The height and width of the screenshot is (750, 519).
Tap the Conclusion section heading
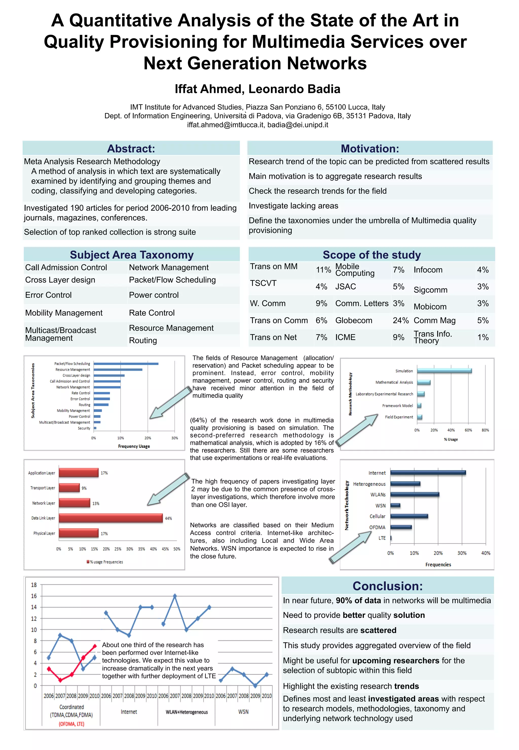[388, 586]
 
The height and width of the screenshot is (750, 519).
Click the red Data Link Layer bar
[110, 518]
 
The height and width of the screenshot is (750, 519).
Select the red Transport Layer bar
[69, 488]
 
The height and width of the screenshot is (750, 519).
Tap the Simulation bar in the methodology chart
[444, 371]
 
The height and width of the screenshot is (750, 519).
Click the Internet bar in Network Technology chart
[428, 473]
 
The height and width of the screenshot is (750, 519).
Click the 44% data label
[169, 518]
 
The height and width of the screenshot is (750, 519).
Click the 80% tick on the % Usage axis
[485, 430]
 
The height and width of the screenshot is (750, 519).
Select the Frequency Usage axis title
[134, 446]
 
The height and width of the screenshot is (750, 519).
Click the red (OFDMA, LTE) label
[71, 724]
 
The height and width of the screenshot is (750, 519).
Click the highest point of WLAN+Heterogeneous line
[175, 596]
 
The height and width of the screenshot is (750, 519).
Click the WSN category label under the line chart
[243, 712]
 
